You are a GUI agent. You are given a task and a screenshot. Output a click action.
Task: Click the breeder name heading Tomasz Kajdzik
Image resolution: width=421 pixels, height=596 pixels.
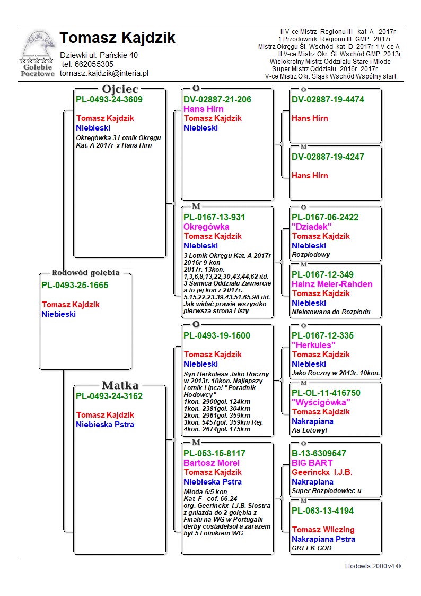pyautogui.click(x=117, y=38)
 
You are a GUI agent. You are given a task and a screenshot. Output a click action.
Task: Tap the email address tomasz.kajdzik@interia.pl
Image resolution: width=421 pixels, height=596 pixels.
pyautogui.click(x=104, y=73)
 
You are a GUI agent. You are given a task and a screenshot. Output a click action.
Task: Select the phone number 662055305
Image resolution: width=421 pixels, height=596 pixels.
pyautogui.click(x=87, y=64)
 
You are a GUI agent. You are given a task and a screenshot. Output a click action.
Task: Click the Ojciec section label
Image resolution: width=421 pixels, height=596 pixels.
pyautogui.click(x=120, y=89)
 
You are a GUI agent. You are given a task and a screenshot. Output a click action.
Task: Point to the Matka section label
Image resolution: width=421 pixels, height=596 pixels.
pyautogui.click(x=120, y=385)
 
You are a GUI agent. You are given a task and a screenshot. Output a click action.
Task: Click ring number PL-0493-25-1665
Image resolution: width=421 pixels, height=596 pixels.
pyautogui.click(x=75, y=286)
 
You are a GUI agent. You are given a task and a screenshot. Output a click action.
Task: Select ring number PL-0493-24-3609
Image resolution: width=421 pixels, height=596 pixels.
pyautogui.click(x=109, y=99)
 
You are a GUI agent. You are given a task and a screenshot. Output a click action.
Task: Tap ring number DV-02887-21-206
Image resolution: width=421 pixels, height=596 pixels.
pyautogui.click(x=217, y=99)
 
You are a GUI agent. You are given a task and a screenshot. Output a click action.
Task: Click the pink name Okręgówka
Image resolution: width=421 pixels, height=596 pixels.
pyautogui.click(x=206, y=227)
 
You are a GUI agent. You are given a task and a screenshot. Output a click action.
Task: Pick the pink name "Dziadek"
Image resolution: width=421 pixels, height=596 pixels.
pyautogui.click(x=311, y=227)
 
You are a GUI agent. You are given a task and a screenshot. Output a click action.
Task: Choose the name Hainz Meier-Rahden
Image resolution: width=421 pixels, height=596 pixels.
pyautogui.click(x=332, y=284)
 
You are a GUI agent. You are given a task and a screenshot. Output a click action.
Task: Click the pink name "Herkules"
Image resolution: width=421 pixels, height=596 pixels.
pyautogui.click(x=314, y=345)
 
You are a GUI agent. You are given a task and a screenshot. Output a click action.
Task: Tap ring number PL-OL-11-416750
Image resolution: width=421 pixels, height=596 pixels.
pyautogui.click(x=326, y=393)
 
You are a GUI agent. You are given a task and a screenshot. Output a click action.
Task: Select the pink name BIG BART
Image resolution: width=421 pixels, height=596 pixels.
pyautogui.click(x=312, y=463)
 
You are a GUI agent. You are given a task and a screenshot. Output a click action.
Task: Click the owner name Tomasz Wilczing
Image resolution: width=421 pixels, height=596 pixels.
pyautogui.click(x=323, y=530)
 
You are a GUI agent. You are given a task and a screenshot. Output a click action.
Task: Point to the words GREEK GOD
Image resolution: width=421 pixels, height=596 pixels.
pyautogui.click(x=312, y=548)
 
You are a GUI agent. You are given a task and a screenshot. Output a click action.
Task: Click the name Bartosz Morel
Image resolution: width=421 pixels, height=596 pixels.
pyautogui.click(x=211, y=463)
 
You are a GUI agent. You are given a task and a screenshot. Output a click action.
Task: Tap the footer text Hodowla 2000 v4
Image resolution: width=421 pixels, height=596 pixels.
pyautogui.click(x=373, y=566)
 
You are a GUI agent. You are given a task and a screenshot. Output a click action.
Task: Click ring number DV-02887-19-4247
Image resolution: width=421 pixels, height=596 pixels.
pyautogui.click(x=328, y=157)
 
